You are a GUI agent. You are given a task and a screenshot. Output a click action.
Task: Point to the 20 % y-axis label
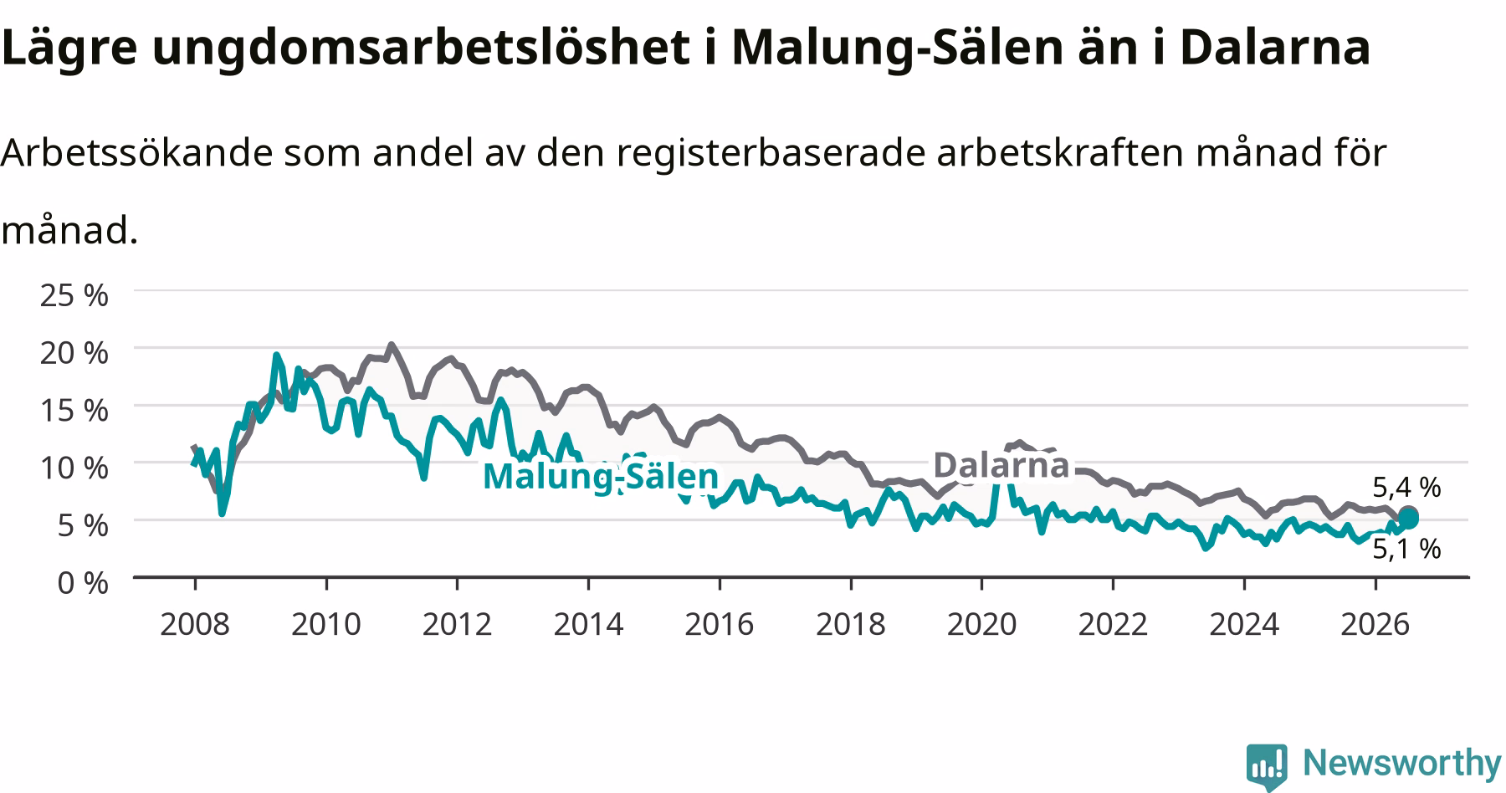pos(74,352)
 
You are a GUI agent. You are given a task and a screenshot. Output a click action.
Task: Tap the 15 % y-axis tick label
pos(74,410)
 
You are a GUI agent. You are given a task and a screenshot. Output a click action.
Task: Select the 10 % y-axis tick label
pos(74,468)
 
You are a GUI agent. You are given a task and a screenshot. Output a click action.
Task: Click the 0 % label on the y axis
pos(83,583)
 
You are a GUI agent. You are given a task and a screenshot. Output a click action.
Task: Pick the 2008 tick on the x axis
pos(194,624)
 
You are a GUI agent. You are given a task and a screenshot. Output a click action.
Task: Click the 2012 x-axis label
pos(457,624)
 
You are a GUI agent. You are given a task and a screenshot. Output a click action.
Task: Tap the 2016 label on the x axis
pos(720,624)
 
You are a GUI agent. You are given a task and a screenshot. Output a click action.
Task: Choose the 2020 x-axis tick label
pos(981,624)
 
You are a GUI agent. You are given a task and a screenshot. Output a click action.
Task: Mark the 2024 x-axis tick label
pos(1244,624)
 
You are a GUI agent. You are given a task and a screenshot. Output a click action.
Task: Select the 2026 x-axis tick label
pos(1375,624)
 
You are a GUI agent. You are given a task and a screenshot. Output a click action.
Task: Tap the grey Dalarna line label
pos(1001,465)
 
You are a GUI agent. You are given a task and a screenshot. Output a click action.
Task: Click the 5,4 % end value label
pos(1406,487)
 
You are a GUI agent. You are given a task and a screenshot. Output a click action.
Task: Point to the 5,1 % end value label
pos(1406,549)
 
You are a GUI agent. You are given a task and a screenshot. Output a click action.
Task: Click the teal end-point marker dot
pos(1409,519)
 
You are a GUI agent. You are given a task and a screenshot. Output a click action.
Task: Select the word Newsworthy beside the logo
pos(1402,764)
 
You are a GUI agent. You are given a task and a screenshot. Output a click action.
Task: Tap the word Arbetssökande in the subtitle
pos(136,152)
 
